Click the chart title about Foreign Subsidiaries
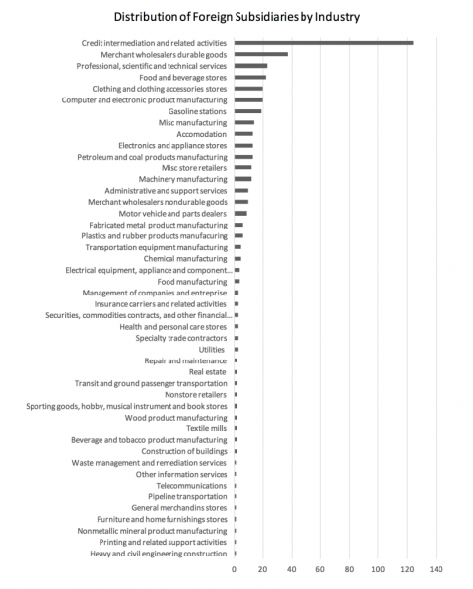(236, 17)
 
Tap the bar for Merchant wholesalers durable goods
(260, 54)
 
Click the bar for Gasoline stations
(247, 111)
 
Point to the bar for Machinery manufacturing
(242, 179)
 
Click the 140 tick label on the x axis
(437, 569)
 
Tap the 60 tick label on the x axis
(320, 569)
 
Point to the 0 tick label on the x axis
(235, 569)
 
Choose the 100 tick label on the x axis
(378, 569)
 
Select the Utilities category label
(211, 349)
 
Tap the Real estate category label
(208, 371)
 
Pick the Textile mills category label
(206, 428)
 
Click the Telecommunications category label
(191, 486)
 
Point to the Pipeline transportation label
(192, 496)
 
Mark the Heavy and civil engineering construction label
(159, 554)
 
